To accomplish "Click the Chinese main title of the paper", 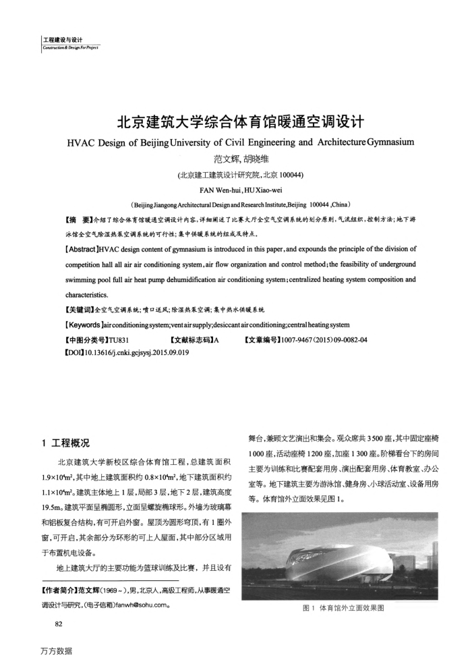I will (x=235, y=123).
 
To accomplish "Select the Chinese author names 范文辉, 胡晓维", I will (x=235, y=161).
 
